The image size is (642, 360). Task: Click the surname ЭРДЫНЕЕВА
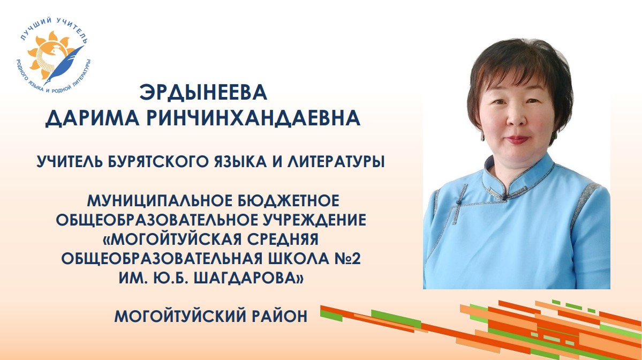[203, 93]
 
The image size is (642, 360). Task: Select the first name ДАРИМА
[92, 118]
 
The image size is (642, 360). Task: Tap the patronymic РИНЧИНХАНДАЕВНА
[253, 118]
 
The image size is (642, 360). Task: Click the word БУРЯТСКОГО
[158, 162]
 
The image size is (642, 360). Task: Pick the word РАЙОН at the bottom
[281, 316]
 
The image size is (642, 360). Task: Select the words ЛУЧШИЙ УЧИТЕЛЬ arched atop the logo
[53, 28]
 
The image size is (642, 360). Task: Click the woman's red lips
[517, 140]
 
